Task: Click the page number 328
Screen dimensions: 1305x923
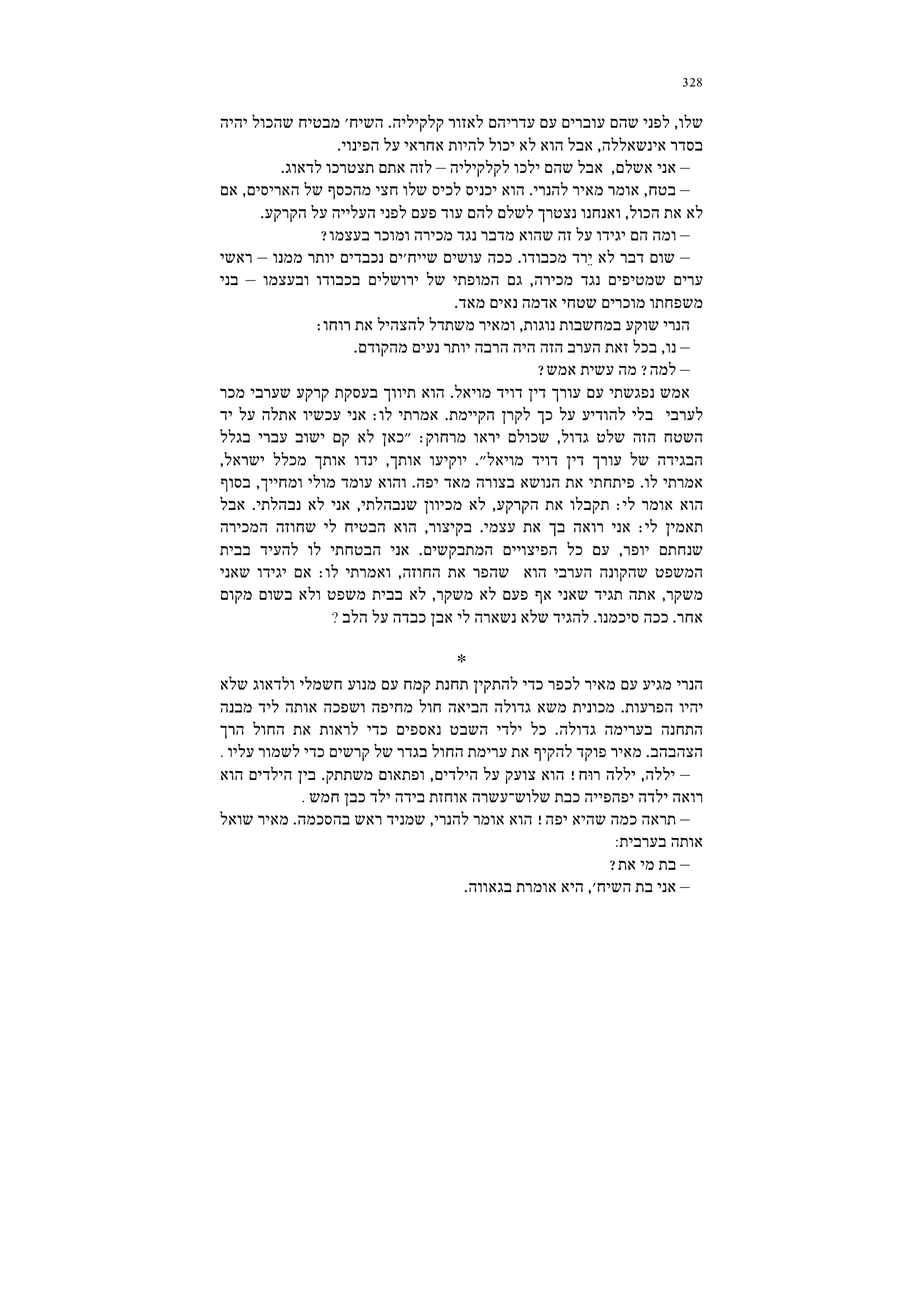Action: pyautogui.click(x=692, y=83)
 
